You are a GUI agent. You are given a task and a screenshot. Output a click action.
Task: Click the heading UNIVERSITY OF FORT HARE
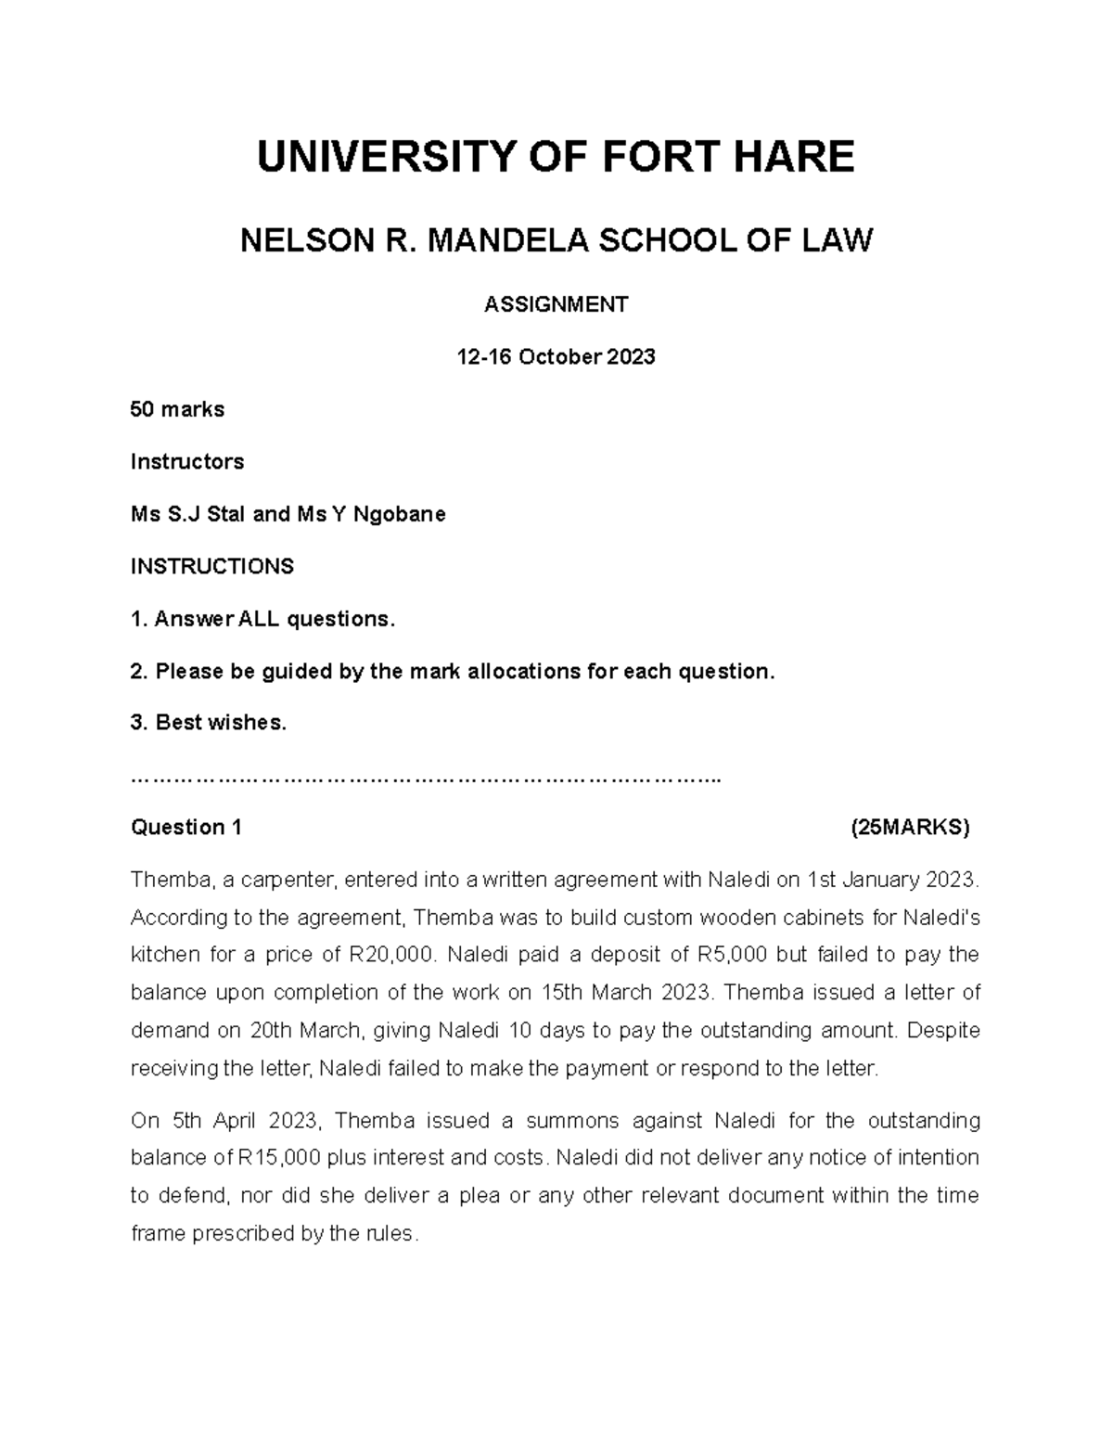tap(556, 157)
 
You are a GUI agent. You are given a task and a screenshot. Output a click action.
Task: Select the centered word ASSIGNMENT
tap(556, 304)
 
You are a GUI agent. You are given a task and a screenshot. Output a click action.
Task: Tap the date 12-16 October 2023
tap(556, 357)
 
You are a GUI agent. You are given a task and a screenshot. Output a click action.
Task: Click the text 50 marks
tap(177, 409)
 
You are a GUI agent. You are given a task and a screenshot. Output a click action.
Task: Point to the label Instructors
tap(187, 461)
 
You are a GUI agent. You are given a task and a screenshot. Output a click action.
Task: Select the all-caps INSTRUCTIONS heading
tap(211, 566)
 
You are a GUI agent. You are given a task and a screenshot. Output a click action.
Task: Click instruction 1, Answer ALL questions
tap(262, 619)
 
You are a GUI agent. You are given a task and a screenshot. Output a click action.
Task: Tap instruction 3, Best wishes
tap(209, 723)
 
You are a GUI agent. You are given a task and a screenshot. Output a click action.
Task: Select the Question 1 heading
tap(186, 828)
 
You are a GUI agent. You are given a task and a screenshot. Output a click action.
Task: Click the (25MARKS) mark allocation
tap(910, 828)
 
